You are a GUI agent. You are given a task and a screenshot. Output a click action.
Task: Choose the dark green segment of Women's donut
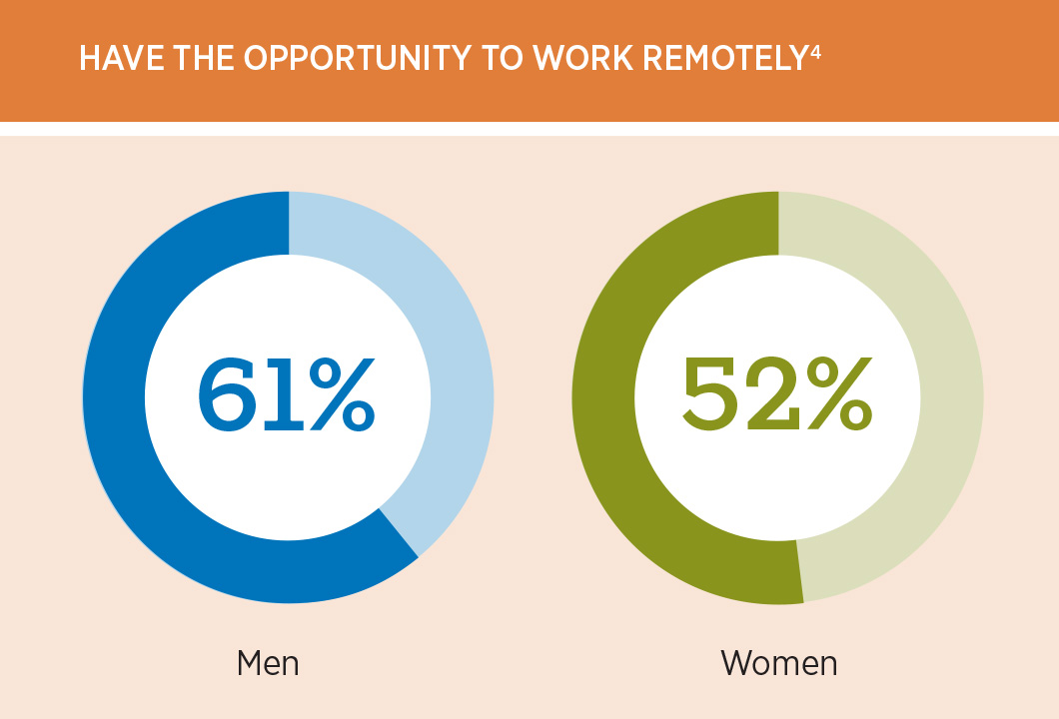pos(604,399)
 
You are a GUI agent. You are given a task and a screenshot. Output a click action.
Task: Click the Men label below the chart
pos(268,662)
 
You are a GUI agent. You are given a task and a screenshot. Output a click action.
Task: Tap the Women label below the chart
pos(779,662)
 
